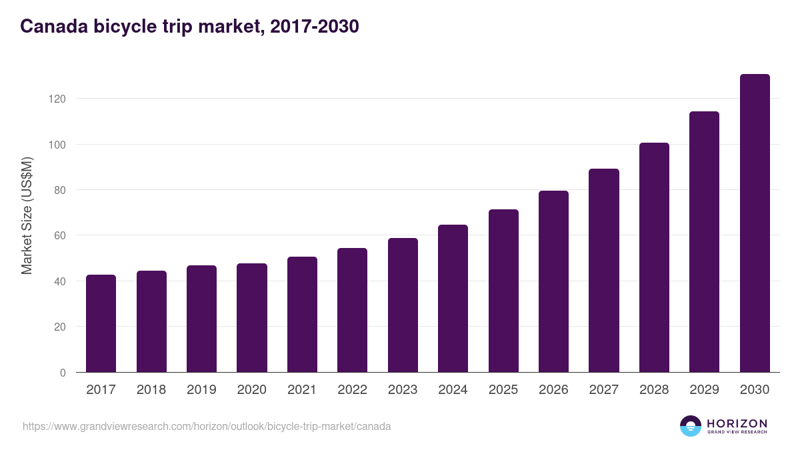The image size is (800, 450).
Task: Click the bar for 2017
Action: click(x=101, y=323)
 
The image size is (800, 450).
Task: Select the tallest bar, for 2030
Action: click(x=755, y=223)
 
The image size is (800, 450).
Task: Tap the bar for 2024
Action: click(x=453, y=299)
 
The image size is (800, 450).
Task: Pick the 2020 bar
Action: click(x=252, y=318)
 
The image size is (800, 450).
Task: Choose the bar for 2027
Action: click(x=604, y=271)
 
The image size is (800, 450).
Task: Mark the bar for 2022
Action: click(x=352, y=310)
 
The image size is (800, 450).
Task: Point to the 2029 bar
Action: click(x=704, y=242)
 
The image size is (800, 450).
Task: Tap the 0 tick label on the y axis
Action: click(x=63, y=373)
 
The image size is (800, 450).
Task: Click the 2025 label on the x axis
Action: click(x=503, y=390)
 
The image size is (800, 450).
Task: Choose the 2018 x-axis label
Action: click(x=151, y=390)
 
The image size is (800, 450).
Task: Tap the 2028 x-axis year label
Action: click(x=654, y=390)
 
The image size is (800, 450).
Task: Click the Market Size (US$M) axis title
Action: click(x=27, y=215)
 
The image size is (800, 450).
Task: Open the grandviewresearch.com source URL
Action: click(x=207, y=426)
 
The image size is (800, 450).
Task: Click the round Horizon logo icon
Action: click(x=691, y=426)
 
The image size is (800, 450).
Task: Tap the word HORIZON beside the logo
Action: click(x=737, y=423)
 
